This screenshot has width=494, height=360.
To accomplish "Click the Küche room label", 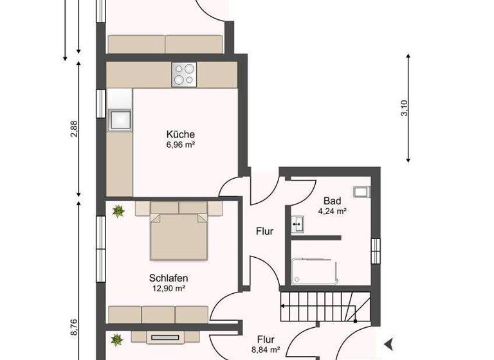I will click(x=180, y=134).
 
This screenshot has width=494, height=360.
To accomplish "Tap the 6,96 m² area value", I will click(x=180, y=145).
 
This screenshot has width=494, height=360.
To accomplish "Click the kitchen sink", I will click(x=120, y=120).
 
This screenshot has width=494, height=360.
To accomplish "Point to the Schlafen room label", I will click(x=168, y=278).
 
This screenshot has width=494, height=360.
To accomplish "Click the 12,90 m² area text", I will click(x=168, y=289).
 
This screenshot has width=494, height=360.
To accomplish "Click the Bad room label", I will click(x=332, y=200).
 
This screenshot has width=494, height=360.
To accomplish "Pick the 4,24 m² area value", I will click(x=332, y=211).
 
